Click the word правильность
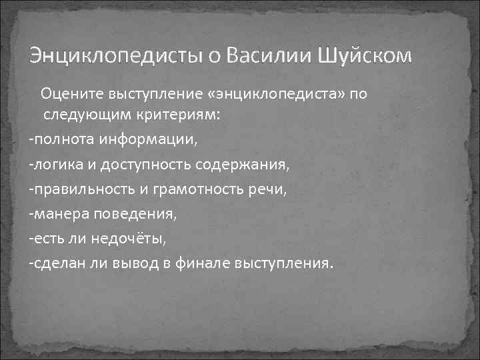(x=81, y=189)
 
